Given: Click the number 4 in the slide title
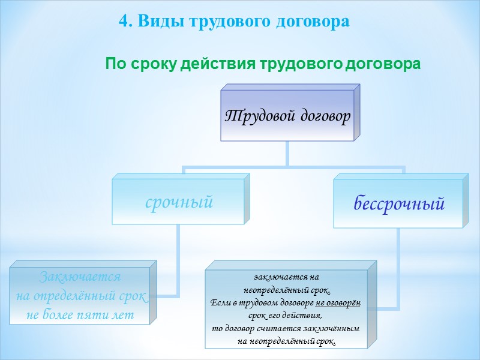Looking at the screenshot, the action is coord(123,22).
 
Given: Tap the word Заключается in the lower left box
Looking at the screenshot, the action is coord(80,277).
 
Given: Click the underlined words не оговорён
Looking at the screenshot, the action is coord(338,302).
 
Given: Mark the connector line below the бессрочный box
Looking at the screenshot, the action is coord(398,270).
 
